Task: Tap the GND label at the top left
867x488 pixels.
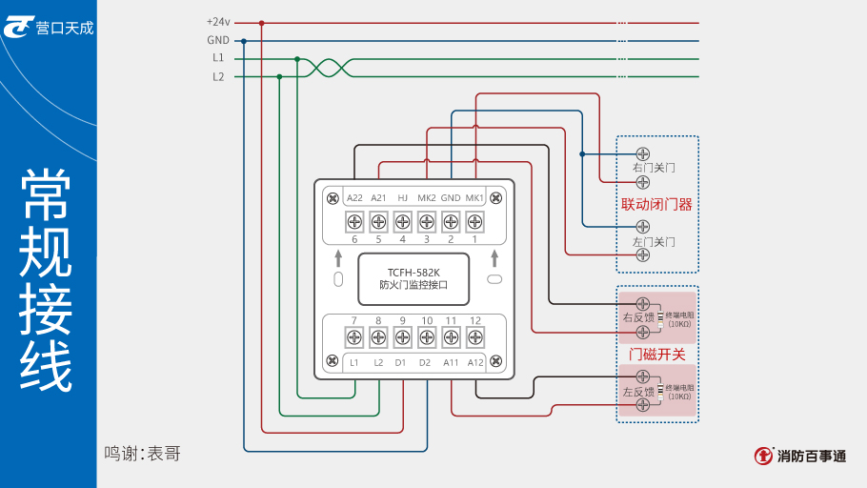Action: (x=217, y=40)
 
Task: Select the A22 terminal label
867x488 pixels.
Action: (x=354, y=197)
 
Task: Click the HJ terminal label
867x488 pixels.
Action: (x=402, y=197)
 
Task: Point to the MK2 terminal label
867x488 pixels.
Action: (x=427, y=197)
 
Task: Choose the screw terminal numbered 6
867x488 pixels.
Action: (x=354, y=223)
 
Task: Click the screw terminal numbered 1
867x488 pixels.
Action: (x=474, y=223)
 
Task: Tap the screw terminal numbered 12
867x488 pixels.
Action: (x=474, y=336)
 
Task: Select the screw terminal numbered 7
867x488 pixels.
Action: (x=354, y=336)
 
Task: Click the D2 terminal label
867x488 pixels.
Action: (x=425, y=362)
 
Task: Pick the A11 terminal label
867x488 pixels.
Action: (x=451, y=362)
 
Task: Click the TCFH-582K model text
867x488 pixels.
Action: (x=413, y=272)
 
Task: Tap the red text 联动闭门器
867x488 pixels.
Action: (x=656, y=204)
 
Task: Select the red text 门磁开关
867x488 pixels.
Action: (x=656, y=354)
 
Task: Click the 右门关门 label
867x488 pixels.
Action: (x=654, y=168)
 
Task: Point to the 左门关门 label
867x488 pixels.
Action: (x=654, y=242)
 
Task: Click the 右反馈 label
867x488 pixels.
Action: (x=637, y=317)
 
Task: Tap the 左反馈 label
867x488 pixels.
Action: (x=637, y=392)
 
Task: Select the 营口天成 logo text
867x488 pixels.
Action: (x=65, y=28)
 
